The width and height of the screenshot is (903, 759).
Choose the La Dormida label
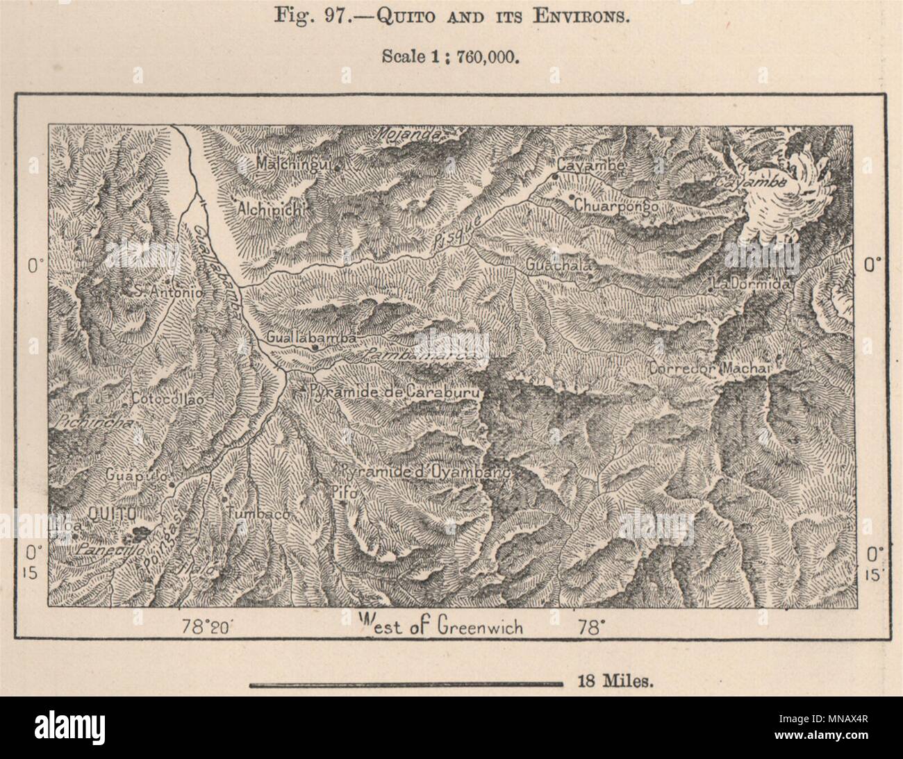point(751,284)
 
